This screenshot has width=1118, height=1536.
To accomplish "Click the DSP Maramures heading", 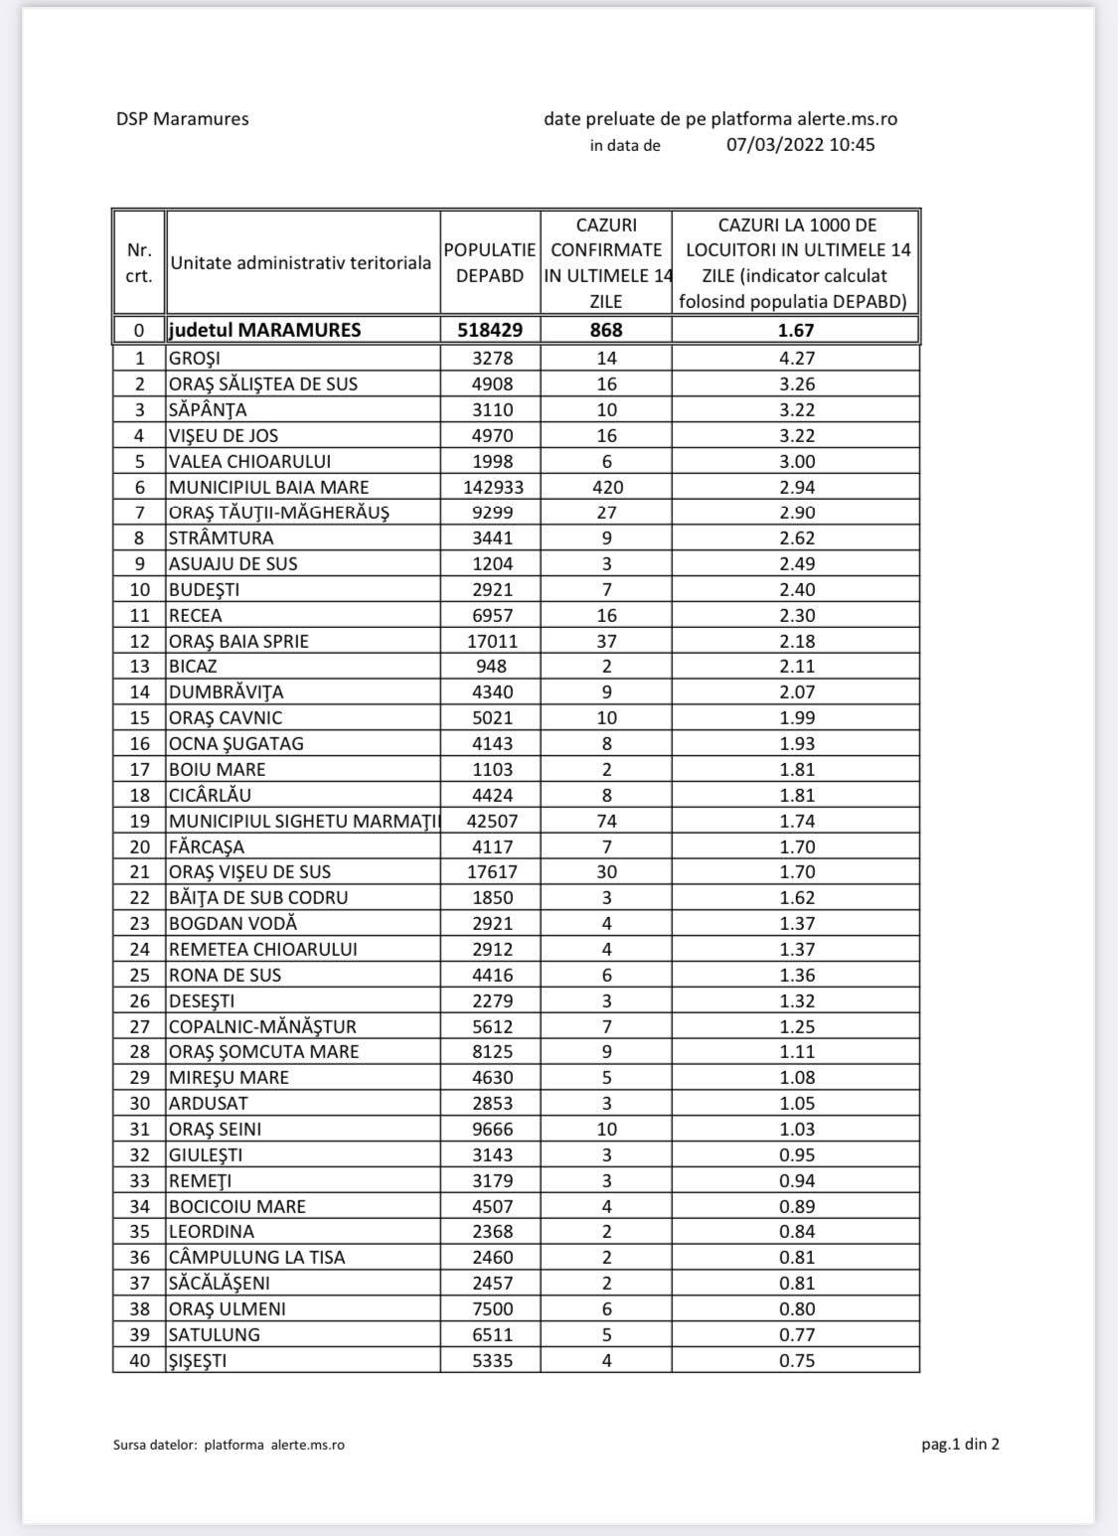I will (x=182, y=119).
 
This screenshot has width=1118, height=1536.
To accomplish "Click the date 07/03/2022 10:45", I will (x=800, y=145).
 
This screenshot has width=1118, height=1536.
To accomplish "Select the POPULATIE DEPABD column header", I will (x=490, y=262).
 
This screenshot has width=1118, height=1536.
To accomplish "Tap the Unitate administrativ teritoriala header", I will (x=301, y=262).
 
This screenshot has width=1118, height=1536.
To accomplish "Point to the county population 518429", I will (x=490, y=330).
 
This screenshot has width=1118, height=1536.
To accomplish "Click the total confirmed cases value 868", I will (x=606, y=330).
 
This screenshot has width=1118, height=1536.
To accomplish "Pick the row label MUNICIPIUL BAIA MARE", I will (x=268, y=487).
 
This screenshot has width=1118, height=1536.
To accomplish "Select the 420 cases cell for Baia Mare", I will (x=606, y=487).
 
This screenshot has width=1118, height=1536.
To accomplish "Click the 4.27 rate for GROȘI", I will (x=796, y=358).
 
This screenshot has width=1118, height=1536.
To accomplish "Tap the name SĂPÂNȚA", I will (x=208, y=409).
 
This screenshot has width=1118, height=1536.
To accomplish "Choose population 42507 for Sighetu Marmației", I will (x=490, y=821).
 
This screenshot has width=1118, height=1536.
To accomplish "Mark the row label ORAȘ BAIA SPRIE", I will (x=239, y=641).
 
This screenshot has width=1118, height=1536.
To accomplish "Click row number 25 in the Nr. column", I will (x=139, y=975).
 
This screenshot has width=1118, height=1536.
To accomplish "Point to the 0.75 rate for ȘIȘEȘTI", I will (x=796, y=1360).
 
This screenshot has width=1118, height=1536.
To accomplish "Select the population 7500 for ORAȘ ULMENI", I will (x=491, y=1308).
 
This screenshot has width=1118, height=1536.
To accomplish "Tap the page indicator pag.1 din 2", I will (x=960, y=1444).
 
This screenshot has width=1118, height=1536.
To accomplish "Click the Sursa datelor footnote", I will (x=229, y=1445).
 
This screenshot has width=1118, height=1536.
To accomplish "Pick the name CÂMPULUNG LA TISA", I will (x=256, y=1257).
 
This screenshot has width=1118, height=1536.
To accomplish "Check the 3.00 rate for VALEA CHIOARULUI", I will (x=796, y=461).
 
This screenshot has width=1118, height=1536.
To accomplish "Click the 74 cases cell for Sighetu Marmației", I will (x=606, y=821).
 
